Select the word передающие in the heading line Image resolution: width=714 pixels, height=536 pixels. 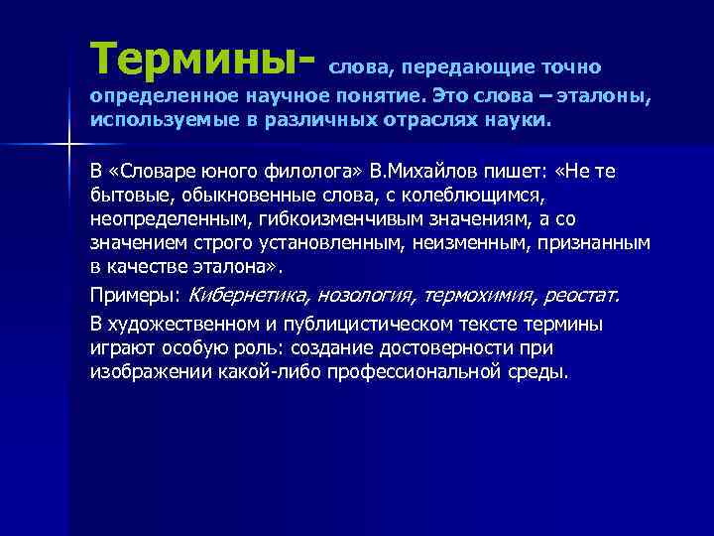457,68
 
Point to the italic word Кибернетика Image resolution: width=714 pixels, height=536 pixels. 247,296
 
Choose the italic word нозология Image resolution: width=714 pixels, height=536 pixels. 363,296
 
